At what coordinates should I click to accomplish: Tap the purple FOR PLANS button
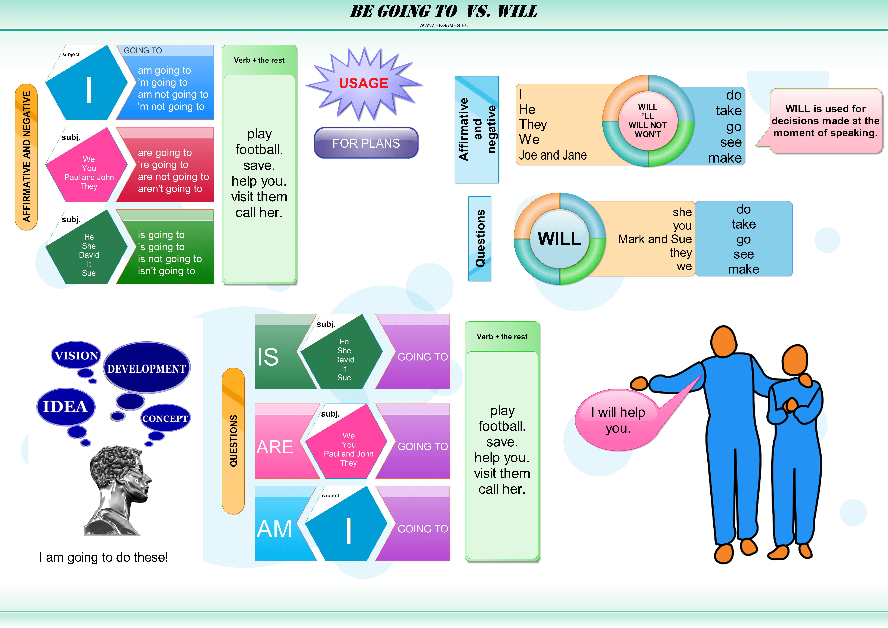pos(366,143)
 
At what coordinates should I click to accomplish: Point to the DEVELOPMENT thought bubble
pos(147,368)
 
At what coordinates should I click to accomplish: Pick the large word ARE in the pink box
pos(275,447)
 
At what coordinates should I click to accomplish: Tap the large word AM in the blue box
pos(274,529)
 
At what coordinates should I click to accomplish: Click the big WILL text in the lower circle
pos(559,239)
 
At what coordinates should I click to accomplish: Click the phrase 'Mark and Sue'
pos(655,239)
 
